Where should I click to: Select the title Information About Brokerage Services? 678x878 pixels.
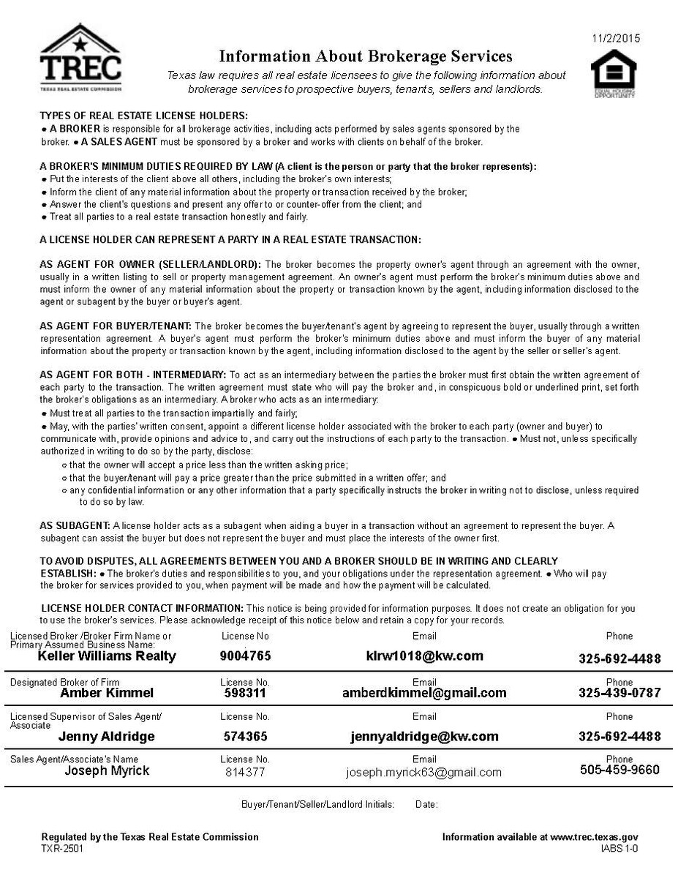tap(366, 56)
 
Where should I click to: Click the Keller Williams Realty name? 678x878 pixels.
tap(107, 656)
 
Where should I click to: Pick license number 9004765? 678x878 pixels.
tap(245, 656)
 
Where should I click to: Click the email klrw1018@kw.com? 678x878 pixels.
tap(424, 656)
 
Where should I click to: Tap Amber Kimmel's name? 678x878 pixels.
tap(107, 693)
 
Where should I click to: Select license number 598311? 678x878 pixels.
tap(245, 693)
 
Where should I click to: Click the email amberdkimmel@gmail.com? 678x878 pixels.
tap(424, 693)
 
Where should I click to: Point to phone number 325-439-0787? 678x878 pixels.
tap(619, 693)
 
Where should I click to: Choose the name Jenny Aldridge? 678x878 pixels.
tap(107, 737)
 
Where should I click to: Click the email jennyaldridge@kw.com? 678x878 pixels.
tap(424, 737)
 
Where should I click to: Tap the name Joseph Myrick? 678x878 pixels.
tap(107, 770)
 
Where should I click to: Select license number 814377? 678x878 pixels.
tap(245, 772)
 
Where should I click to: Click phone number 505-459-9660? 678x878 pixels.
tap(619, 770)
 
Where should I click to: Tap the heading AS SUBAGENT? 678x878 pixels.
tap(75, 525)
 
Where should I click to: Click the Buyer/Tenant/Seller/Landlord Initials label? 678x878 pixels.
tap(317, 805)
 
